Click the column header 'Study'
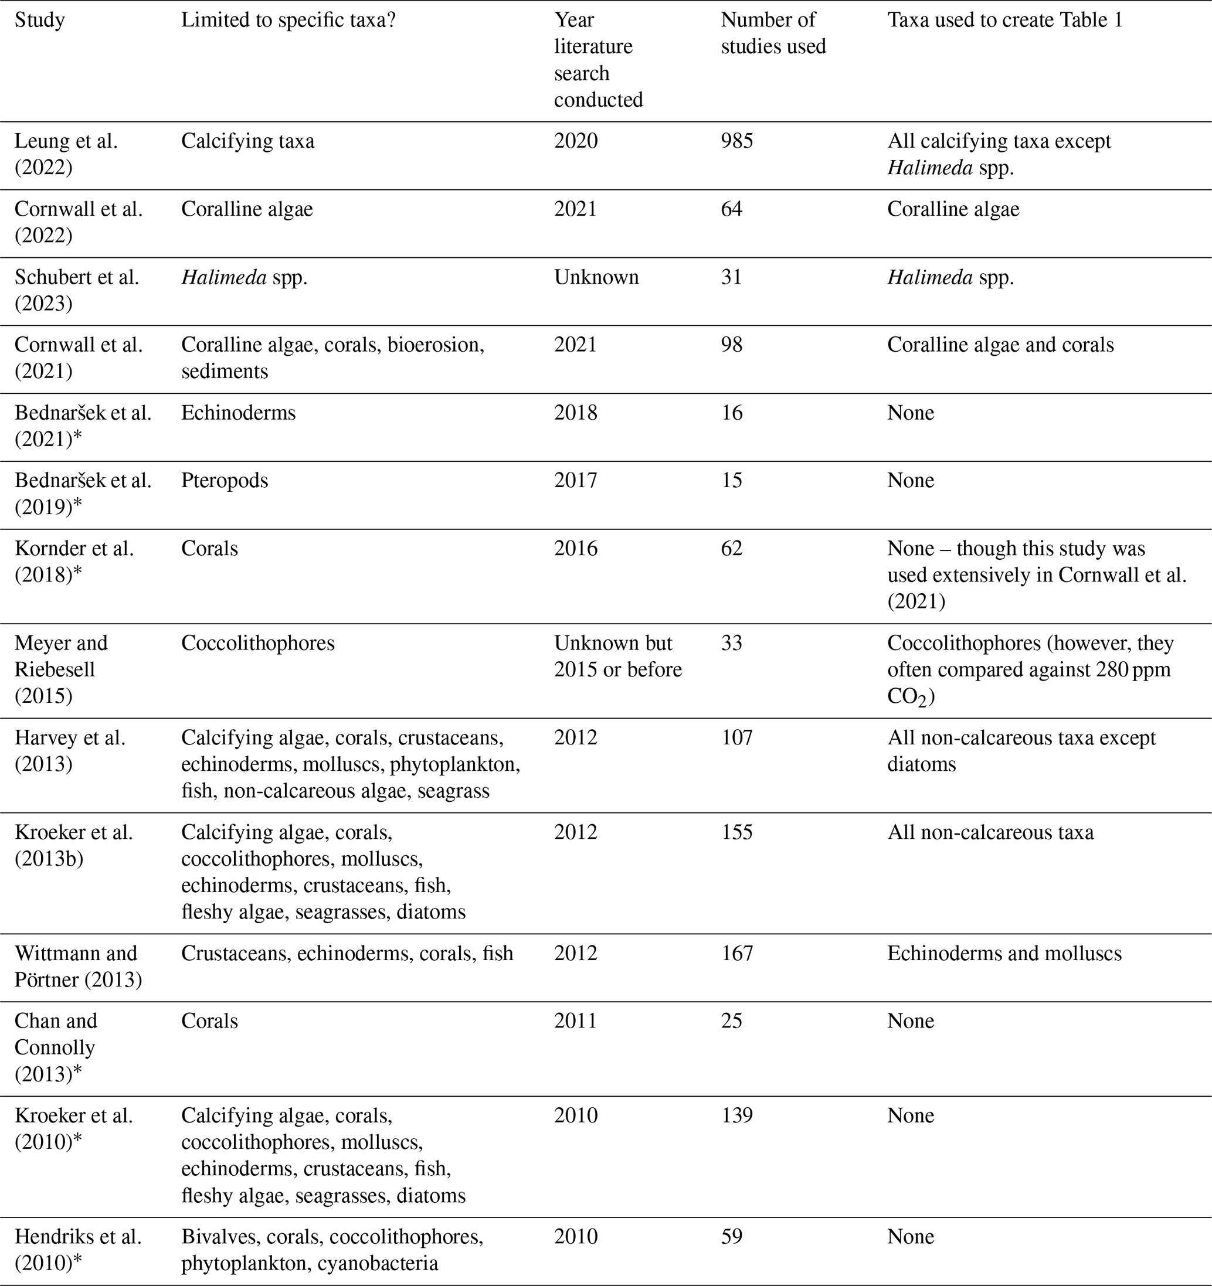tap(39, 20)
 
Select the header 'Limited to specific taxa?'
tap(288, 20)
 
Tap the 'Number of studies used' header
tap(773, 33)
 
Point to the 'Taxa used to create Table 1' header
tap(1004, 20)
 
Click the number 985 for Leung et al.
tap(737, 141)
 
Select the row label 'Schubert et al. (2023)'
tap(76, 290)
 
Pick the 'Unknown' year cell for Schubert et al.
tap(596, 277)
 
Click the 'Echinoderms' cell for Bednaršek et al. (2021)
tap(238, 413)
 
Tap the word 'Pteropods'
tap(225, 480)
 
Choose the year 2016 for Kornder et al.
tap(576, 549)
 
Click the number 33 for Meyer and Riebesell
tap(731, 643)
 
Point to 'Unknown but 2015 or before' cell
tap(617, 656)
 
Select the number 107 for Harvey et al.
tap(737, 737)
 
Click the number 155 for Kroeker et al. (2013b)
tap(737, 832)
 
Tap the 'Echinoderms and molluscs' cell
tap(1004, 953)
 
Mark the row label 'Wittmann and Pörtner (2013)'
tap(77, 966)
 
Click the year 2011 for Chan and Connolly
tap(576, 1021)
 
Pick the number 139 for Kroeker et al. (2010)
tap(737, 1115)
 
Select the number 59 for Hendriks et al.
tap(731, 1236)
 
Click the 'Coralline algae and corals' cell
tap(1000, 345)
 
